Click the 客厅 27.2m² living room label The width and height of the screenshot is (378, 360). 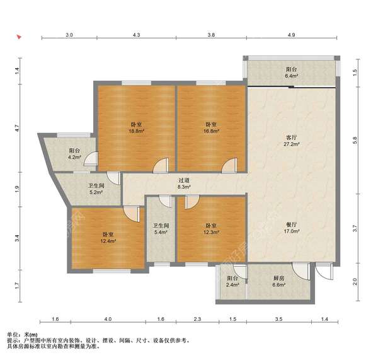coord(292,141)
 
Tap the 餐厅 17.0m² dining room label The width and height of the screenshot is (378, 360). coord(292,228)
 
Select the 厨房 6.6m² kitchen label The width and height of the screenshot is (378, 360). coord(278,281)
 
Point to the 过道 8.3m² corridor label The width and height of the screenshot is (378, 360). coord(184,183)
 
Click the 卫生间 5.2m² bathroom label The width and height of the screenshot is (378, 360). coord(96,189)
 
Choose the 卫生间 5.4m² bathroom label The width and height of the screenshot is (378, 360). coord(161,229)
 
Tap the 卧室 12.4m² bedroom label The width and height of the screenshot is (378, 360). coord(108,238)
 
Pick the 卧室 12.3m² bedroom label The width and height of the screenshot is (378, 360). coord(211,229)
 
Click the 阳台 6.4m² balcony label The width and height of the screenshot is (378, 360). coord(292,73)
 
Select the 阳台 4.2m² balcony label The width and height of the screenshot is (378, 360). coord(75,154)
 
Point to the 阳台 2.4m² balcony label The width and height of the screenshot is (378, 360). coord(232,281)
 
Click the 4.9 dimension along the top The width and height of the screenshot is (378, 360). coord(291,35)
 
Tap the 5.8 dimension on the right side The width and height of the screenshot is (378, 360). coord(355,140)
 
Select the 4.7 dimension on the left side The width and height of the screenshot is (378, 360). coord(17,129)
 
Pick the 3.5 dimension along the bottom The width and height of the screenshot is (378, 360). coord(278,319)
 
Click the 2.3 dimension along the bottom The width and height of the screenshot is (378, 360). coord(197,319)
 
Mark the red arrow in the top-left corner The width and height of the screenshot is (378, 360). coord(19,37)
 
